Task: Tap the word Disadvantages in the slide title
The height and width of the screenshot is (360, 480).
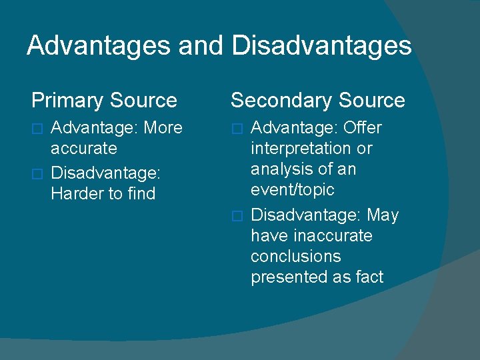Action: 321,46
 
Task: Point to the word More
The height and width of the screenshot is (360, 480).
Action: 163,127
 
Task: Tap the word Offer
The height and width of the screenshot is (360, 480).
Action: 362,127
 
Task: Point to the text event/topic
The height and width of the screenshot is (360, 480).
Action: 292,190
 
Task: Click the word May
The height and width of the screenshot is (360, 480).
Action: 383,215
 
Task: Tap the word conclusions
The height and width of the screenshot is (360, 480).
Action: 295,257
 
